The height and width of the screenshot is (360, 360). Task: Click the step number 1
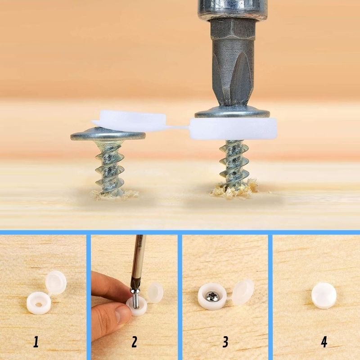pos(36,342)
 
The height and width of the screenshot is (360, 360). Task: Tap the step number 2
pos(134,342)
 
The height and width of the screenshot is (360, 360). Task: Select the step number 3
pos(225,342)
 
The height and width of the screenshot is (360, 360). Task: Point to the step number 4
pos(324,342)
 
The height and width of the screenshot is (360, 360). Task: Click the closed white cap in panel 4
pos(324,296)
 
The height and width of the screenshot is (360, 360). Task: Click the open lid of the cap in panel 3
pos(243,292)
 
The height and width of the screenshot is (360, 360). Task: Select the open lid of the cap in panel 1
pos(56,282)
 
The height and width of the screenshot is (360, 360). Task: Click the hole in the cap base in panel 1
pos(39,305)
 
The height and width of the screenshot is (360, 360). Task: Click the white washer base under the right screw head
pos(234,129)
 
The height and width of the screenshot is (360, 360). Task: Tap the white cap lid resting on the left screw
pos(129,121)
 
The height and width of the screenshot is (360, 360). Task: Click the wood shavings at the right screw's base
pos(234,189)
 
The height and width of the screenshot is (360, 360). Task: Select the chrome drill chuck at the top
pos(233,10)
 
